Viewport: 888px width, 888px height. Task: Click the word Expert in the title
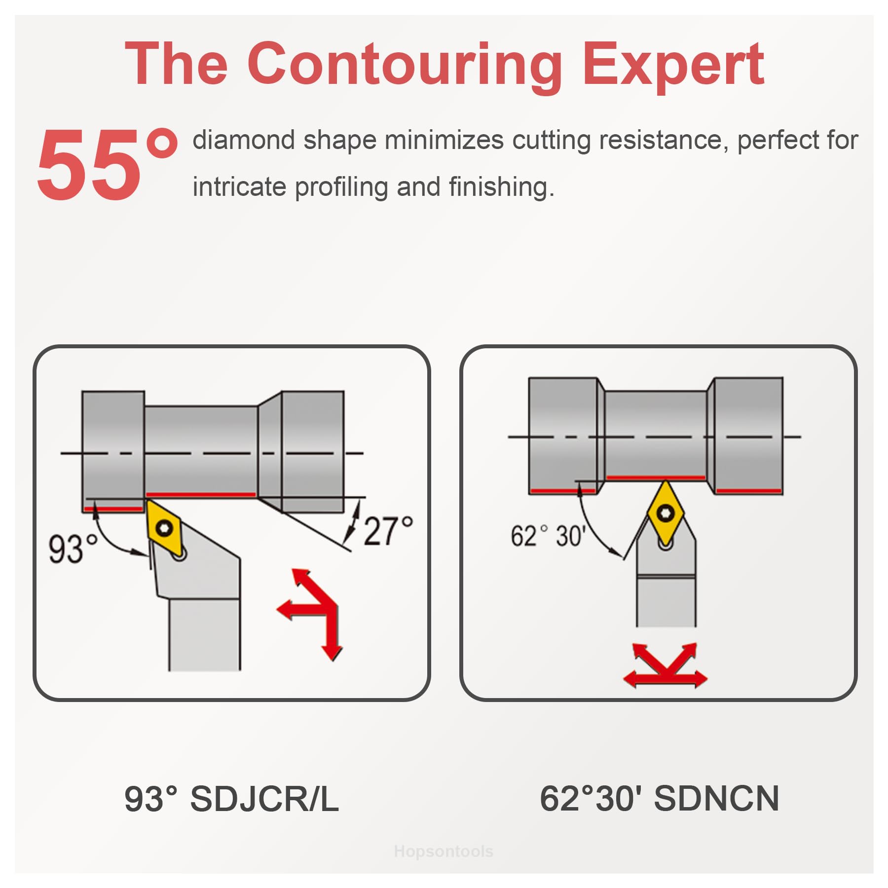674,66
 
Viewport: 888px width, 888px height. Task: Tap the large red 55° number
107,164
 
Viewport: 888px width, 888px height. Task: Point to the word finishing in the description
501,187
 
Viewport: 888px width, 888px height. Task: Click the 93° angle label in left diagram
72,549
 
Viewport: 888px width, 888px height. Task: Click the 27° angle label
388,531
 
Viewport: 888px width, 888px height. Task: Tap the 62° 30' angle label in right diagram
548,536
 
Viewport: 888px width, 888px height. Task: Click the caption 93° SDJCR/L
231,799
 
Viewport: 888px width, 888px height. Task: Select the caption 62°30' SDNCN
659,799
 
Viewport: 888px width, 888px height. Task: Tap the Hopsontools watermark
444,851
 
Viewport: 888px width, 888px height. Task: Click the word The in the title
177,66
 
